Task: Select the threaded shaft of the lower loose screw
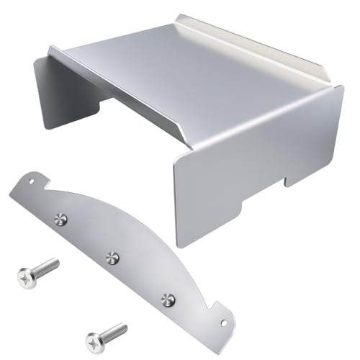pyautogui.click(x=113, y=330)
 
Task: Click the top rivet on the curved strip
pyautogui.click(x=61, y=216)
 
